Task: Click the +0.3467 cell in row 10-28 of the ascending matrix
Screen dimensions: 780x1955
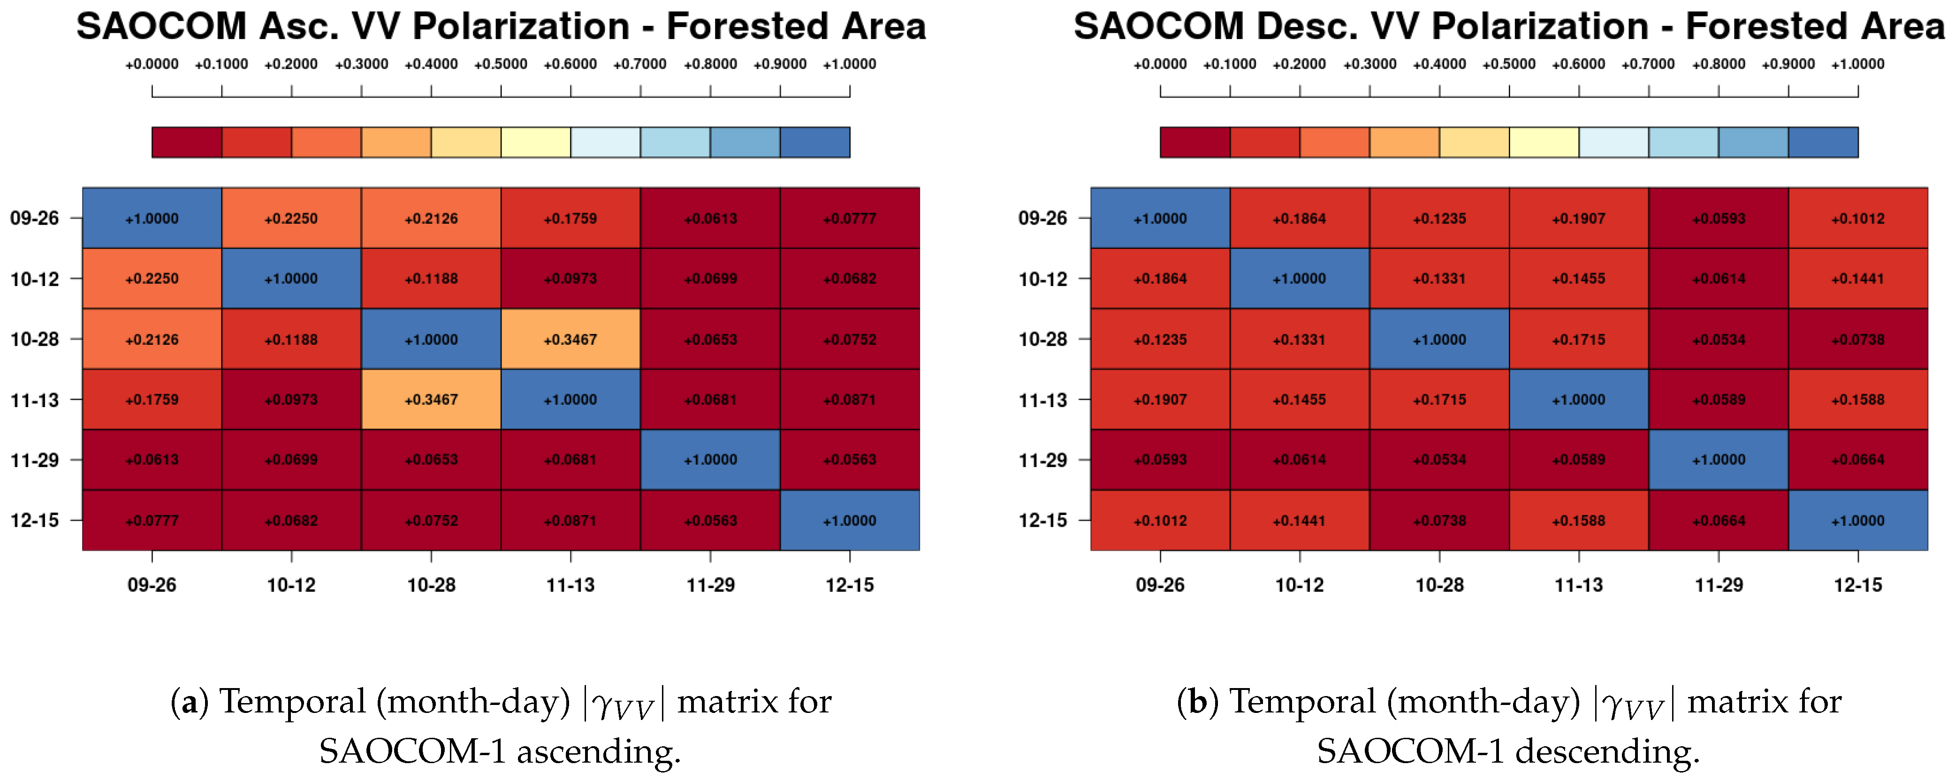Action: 570,339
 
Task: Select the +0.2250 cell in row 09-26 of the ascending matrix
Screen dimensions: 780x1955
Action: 291,219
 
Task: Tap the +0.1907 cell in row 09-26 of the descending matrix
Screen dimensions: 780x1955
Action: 1579,219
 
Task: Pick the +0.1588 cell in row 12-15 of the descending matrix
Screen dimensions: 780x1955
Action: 1579,521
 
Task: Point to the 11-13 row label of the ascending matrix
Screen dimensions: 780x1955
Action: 34,400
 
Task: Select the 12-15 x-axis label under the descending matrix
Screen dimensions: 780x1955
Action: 1858,585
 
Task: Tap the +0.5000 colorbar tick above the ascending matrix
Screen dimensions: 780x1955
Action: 501,65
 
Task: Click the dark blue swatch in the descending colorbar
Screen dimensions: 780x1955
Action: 1823,143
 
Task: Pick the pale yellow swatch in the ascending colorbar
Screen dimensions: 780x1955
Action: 536,143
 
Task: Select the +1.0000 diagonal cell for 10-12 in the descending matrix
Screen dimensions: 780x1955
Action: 1299,279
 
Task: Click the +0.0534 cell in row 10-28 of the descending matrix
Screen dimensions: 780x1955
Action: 1718,339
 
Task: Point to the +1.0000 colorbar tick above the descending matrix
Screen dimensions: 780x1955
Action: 1858,65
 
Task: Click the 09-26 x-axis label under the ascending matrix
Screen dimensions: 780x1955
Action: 152,585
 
